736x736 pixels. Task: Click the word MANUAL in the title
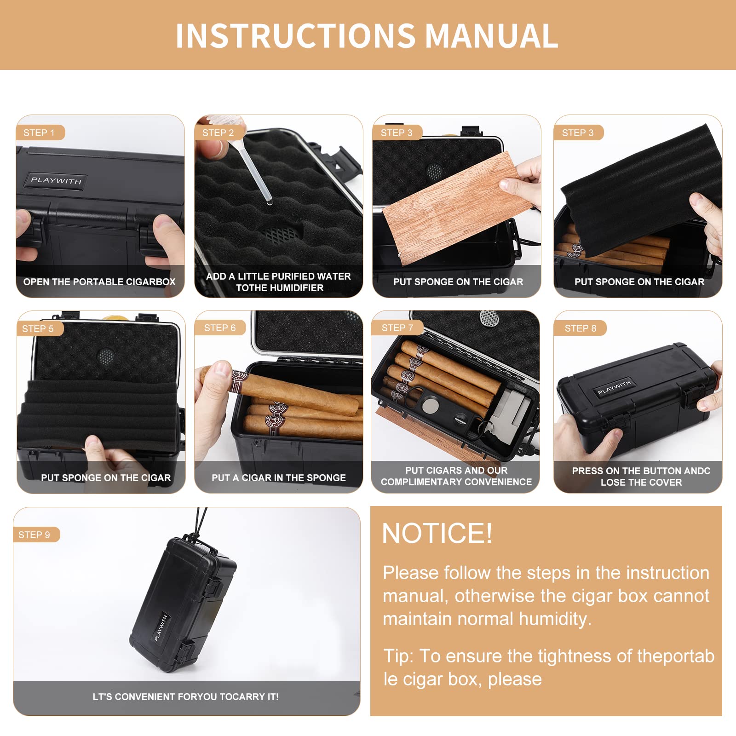pos(491,36)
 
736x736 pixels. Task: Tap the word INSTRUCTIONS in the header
pos(296,36)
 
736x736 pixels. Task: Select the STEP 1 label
pos(39,133)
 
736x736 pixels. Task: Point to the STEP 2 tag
pos(218,133)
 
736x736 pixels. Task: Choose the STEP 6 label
pos(220,328)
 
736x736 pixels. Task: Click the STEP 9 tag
pos(34,535)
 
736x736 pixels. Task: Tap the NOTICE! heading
pos(437,533)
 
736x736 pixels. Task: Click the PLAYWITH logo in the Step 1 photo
pos(56,180)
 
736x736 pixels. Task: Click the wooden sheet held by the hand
pos(453,208)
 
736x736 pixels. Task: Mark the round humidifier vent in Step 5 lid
pos(106,355)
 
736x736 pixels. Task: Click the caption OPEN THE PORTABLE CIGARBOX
pos(99,282)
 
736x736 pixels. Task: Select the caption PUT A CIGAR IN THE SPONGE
pos(279,478)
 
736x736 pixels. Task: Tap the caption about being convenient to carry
pos(186,697)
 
